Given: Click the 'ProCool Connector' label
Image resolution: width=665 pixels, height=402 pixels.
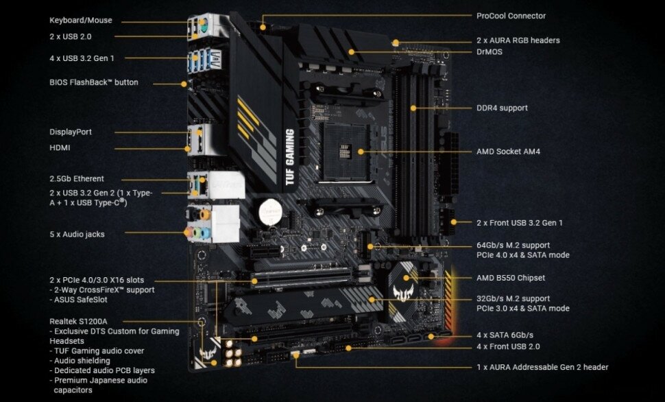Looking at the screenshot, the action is point(511,16).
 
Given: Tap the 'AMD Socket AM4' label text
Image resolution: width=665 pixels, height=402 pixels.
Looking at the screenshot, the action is point(508,152).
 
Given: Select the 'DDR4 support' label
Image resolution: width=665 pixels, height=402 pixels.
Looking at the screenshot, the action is point(502,108).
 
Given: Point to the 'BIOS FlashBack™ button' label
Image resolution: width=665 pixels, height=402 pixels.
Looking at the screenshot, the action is point(94,83).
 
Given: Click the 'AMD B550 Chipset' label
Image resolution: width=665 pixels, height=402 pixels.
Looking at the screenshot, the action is point(511,279).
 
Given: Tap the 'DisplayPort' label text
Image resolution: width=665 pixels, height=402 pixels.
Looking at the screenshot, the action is point(71,132).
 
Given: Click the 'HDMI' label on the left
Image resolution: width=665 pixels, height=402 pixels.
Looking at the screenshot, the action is point(60,147).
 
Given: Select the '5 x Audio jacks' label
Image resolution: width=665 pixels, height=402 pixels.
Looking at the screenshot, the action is point(77,235).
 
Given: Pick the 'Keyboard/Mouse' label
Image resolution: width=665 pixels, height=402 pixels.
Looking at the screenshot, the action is point(81,21).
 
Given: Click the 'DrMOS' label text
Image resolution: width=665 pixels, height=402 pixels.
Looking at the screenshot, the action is point(489,51).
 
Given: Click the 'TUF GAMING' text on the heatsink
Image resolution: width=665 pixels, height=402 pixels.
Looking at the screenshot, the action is point(289,158).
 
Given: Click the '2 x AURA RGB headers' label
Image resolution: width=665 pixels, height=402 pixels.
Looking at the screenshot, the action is point(518,40).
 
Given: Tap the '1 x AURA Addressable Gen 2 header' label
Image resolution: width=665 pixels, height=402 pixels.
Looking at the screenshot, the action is point(542,368).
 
